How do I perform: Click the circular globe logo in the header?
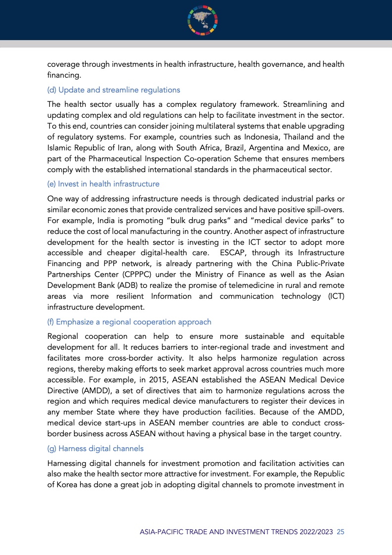pyautogui.click(x=203, y=20)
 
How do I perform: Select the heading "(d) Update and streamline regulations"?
pyautogui.click(x=114, y=90)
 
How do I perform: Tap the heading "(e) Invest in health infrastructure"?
pyautogui.click(x=103, y=184)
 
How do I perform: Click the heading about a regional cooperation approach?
pyautogui.click(x=129, y=322)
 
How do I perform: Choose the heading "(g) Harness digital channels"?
pyautogui.click(x=95, y=449)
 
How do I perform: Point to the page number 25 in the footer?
pyautogui.click(x=340, y=532)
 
